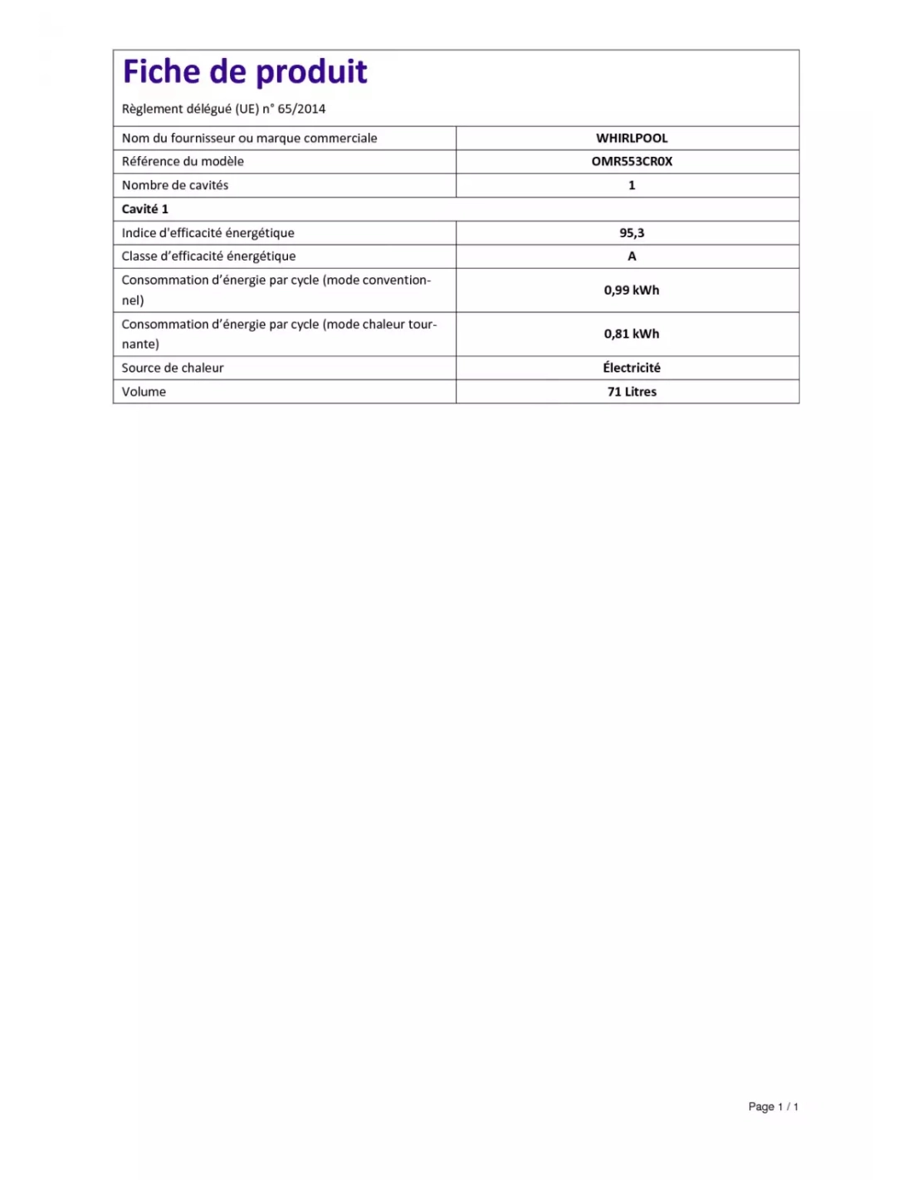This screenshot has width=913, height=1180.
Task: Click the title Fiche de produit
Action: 245,72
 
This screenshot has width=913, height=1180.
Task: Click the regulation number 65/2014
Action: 301,109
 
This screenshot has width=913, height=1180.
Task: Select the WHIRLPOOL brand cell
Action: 632,138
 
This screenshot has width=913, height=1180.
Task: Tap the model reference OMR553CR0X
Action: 632,161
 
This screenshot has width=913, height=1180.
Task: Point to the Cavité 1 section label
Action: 144,209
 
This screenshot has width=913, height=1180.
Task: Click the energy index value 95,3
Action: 632,233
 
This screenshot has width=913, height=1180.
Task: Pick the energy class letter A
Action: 632,256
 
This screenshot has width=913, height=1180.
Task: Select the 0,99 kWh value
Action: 632,290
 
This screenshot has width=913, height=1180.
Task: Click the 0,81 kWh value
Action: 632,334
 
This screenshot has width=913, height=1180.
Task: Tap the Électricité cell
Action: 632,368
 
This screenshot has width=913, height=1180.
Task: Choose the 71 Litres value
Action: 632,392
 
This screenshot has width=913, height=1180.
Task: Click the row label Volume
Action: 144,392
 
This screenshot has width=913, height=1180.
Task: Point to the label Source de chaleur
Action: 173,368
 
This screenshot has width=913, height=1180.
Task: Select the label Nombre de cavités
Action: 175,185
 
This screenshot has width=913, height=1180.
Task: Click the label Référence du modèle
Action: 183,161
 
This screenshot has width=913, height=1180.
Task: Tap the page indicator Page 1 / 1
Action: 773,1106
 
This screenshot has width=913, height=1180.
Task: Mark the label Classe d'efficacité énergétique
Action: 208,256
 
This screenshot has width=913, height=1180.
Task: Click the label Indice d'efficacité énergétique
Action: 207,233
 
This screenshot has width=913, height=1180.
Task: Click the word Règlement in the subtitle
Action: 151,109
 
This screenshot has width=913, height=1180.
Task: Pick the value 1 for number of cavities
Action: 632,185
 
